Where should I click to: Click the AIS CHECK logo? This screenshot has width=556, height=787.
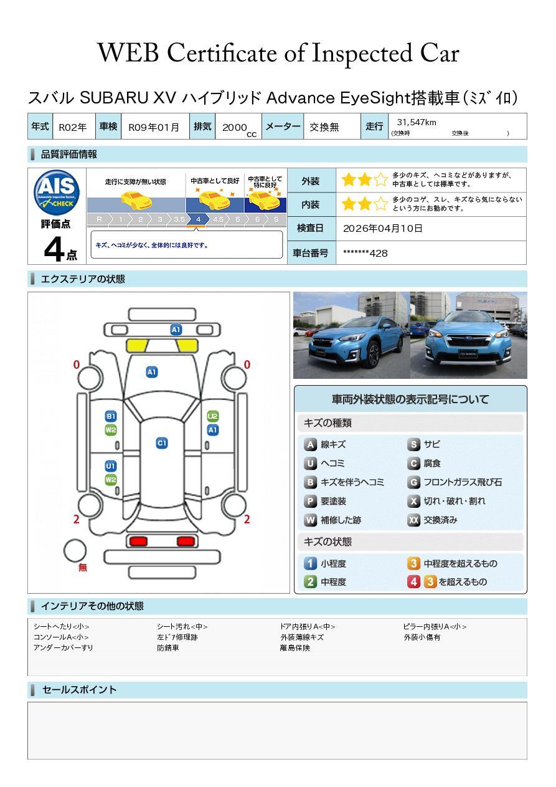57,193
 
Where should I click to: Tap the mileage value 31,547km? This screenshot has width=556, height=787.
417,122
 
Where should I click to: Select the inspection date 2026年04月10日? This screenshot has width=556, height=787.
383,228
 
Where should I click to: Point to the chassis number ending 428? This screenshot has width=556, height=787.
365,253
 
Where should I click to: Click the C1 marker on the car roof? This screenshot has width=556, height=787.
162,443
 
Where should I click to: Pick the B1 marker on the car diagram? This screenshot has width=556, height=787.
111,416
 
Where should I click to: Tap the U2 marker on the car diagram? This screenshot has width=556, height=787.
213,416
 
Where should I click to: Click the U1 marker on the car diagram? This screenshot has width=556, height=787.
111,466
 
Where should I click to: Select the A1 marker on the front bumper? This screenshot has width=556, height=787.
176,330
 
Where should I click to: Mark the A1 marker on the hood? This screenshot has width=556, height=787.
152,372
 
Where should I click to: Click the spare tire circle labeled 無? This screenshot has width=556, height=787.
75,551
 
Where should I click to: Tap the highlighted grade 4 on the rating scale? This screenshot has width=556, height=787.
198,219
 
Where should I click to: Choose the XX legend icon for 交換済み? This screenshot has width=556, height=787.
413,520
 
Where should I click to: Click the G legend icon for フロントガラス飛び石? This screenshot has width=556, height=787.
413,482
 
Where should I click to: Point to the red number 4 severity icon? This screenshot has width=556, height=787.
413,582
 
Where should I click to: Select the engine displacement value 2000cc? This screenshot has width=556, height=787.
239,128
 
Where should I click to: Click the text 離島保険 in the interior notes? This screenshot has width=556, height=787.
295,648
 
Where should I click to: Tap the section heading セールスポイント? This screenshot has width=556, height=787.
79,690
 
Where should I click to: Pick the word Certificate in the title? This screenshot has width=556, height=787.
222,53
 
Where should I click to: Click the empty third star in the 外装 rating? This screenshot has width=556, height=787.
380,179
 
